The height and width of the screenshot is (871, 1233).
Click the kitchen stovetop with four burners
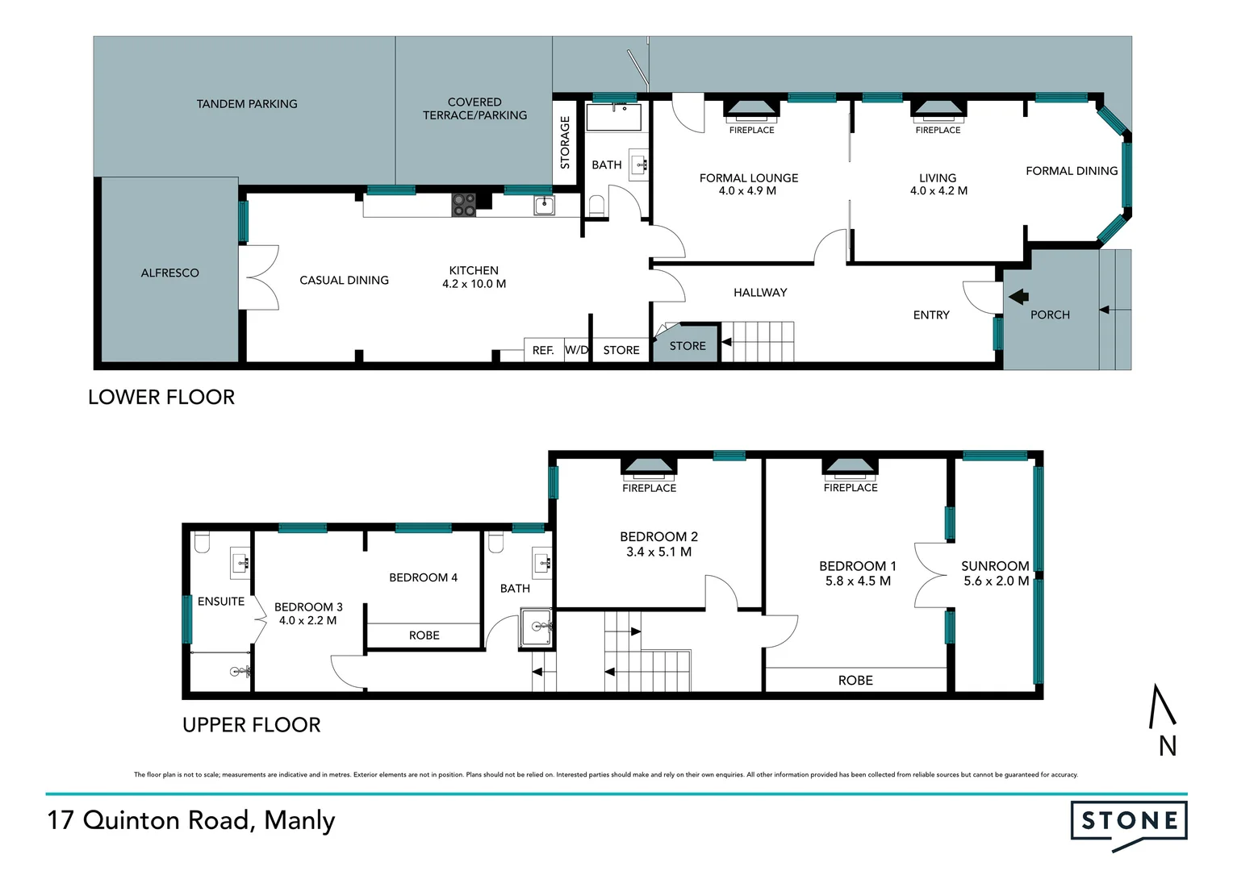pyautogui.click(x=463, y=205)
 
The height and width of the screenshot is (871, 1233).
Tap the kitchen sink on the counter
pyautogui.click(x=545, y=205)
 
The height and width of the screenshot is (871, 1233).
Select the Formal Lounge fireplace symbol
pyautogui.click(x=751, y=109)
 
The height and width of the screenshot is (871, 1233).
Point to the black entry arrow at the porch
pyautogui.click(x=1018, y=297)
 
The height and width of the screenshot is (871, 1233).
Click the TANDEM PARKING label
pyautogui.click(x=247, y=104)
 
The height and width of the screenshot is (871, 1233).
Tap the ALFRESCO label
pyautogui.click(x=169, y=273)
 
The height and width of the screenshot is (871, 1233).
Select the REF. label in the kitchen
pyautogui.click(x=543, y=350)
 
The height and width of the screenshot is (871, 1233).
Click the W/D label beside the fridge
pyautogui.click(x=576, y=350)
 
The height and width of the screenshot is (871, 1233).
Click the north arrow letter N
pyautogui.click(x=1167, y=747)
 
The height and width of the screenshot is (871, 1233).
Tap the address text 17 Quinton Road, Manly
pyautogui.click(x=191, y=820)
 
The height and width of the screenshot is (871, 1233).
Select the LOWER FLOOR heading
pyautogui.click(x=161, y=397)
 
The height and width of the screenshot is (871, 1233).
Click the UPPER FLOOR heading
pyautogui.click(x=251, y=725)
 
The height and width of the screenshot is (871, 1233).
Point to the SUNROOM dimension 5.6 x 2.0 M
pyautogui.click(x=996, y=581)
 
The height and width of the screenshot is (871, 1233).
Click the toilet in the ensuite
pyautogui.click(x=202, y=543)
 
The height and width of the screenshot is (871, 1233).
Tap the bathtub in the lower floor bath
pyautogui.click(x=613, y=117)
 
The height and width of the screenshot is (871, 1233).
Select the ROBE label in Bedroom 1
pyautogui.click(x=855, y=681)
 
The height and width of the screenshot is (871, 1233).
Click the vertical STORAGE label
pyautogui.click(x=565, y=143)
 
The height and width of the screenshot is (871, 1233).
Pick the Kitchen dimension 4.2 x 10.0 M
pyautogui.click(x=474, y=284)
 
